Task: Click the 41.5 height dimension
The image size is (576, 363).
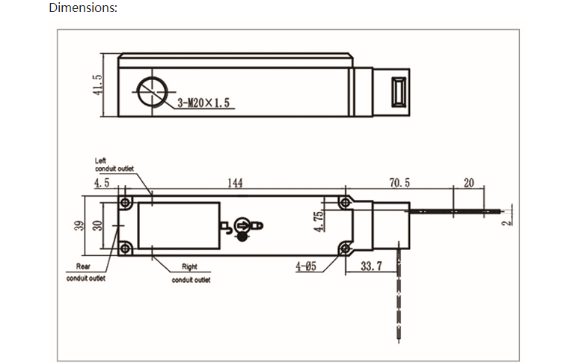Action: point(97,85)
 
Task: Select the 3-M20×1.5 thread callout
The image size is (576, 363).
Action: point(203,103)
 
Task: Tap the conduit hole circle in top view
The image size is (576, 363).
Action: point(152,92)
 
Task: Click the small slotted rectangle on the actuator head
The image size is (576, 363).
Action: point(399,92)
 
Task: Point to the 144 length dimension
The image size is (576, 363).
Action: point(235,183)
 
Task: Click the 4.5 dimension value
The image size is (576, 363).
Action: point(102,183)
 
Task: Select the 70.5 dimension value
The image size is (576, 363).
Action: point(399,183)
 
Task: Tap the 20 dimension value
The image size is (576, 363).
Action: point(469,183)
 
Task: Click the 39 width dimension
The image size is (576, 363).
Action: point(79,225)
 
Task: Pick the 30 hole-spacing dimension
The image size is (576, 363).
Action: point(97,225)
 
